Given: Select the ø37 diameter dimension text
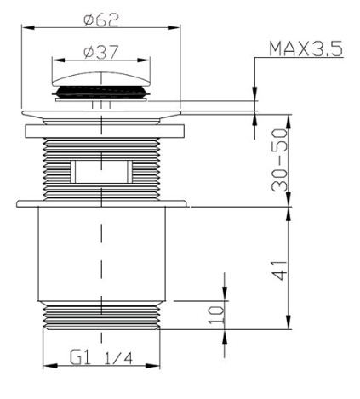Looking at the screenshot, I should [x=100, y=52].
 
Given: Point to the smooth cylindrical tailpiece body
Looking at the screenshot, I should [x=101, y=255].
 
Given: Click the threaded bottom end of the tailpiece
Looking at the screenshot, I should [x=101, y=317].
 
